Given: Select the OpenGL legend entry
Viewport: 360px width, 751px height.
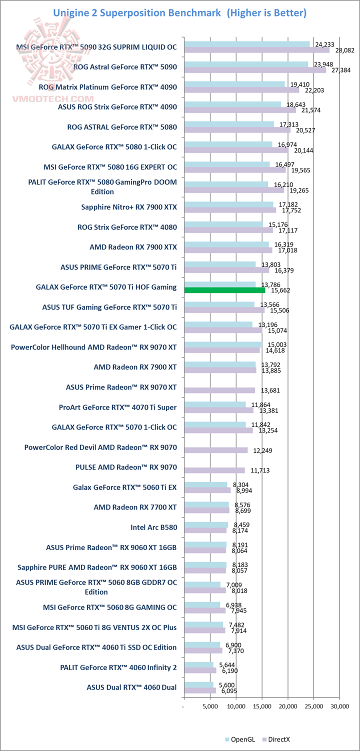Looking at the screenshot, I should [x=243, y=739].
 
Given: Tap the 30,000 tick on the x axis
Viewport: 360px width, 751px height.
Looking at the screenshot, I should [x=339, y=706].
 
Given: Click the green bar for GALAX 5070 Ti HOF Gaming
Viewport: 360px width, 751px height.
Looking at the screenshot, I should [x=225, y=290].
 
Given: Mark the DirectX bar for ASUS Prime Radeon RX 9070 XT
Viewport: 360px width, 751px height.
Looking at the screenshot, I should [x=219, y=390].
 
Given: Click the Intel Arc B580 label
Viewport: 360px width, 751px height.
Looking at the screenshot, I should [x=153, y=527].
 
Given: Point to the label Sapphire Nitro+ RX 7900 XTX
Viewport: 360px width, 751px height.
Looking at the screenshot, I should [x=129, y=206].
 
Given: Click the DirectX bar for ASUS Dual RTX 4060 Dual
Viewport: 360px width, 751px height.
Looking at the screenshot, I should [x=200, y=690].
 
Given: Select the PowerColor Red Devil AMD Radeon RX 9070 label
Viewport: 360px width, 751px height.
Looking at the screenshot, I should [x=100, y=447].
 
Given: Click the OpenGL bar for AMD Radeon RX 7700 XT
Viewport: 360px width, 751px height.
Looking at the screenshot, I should [x=206, y=504].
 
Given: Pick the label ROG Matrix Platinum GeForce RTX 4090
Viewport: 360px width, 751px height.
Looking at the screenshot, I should [x=107, y=86].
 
